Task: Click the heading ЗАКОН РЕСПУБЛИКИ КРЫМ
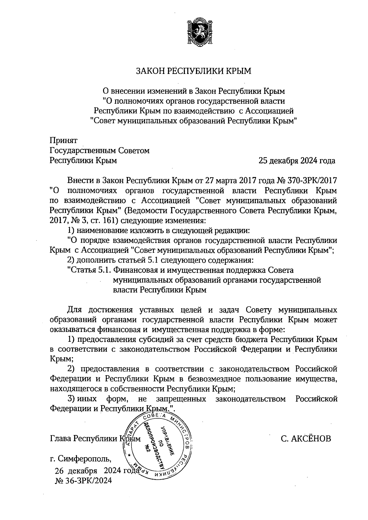(x=194, y=71)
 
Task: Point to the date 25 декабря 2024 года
(x=297, y=160)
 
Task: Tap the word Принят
(x=64, y=141)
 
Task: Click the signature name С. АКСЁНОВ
(x=306, y=439)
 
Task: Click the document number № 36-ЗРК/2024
(x=83, y=480)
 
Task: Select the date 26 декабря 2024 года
(x=95, y=471)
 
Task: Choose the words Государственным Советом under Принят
(x=100, y=151)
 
